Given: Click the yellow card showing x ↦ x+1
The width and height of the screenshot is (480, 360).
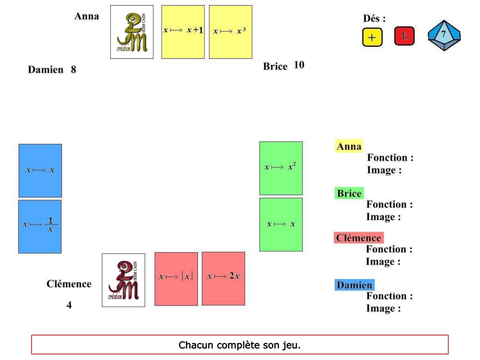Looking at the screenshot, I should (183, 32).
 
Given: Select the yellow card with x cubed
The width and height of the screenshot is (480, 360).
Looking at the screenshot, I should (230, 32).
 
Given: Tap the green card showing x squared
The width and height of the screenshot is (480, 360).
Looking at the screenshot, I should (281, 168).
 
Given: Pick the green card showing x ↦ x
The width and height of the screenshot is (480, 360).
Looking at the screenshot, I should (281, 224).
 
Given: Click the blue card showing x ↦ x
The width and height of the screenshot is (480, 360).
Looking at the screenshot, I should (40, 170).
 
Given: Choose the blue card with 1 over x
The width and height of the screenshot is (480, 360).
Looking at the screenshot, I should (40, 226).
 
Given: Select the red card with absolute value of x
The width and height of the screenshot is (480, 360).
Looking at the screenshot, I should (176, 278).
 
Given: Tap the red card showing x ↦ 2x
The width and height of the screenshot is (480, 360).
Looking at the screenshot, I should (223, 278).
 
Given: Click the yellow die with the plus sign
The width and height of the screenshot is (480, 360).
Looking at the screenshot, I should (372, 37).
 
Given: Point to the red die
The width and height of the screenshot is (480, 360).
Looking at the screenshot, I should (404, 36).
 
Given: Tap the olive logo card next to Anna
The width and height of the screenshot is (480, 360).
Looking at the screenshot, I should (132, 32).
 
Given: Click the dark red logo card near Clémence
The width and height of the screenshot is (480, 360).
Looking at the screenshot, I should (123, 280).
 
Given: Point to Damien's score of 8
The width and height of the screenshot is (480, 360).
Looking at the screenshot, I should (74, 70).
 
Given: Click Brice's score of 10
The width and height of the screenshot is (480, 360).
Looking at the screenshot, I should (299, 65).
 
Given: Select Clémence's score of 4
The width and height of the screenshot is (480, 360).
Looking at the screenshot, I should (69, 305).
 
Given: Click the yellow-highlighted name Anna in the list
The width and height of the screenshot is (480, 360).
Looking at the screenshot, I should (349, 147).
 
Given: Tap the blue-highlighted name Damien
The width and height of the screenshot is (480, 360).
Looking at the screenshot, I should (354, 285).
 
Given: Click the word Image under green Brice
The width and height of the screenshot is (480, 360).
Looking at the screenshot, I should (383, 217).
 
